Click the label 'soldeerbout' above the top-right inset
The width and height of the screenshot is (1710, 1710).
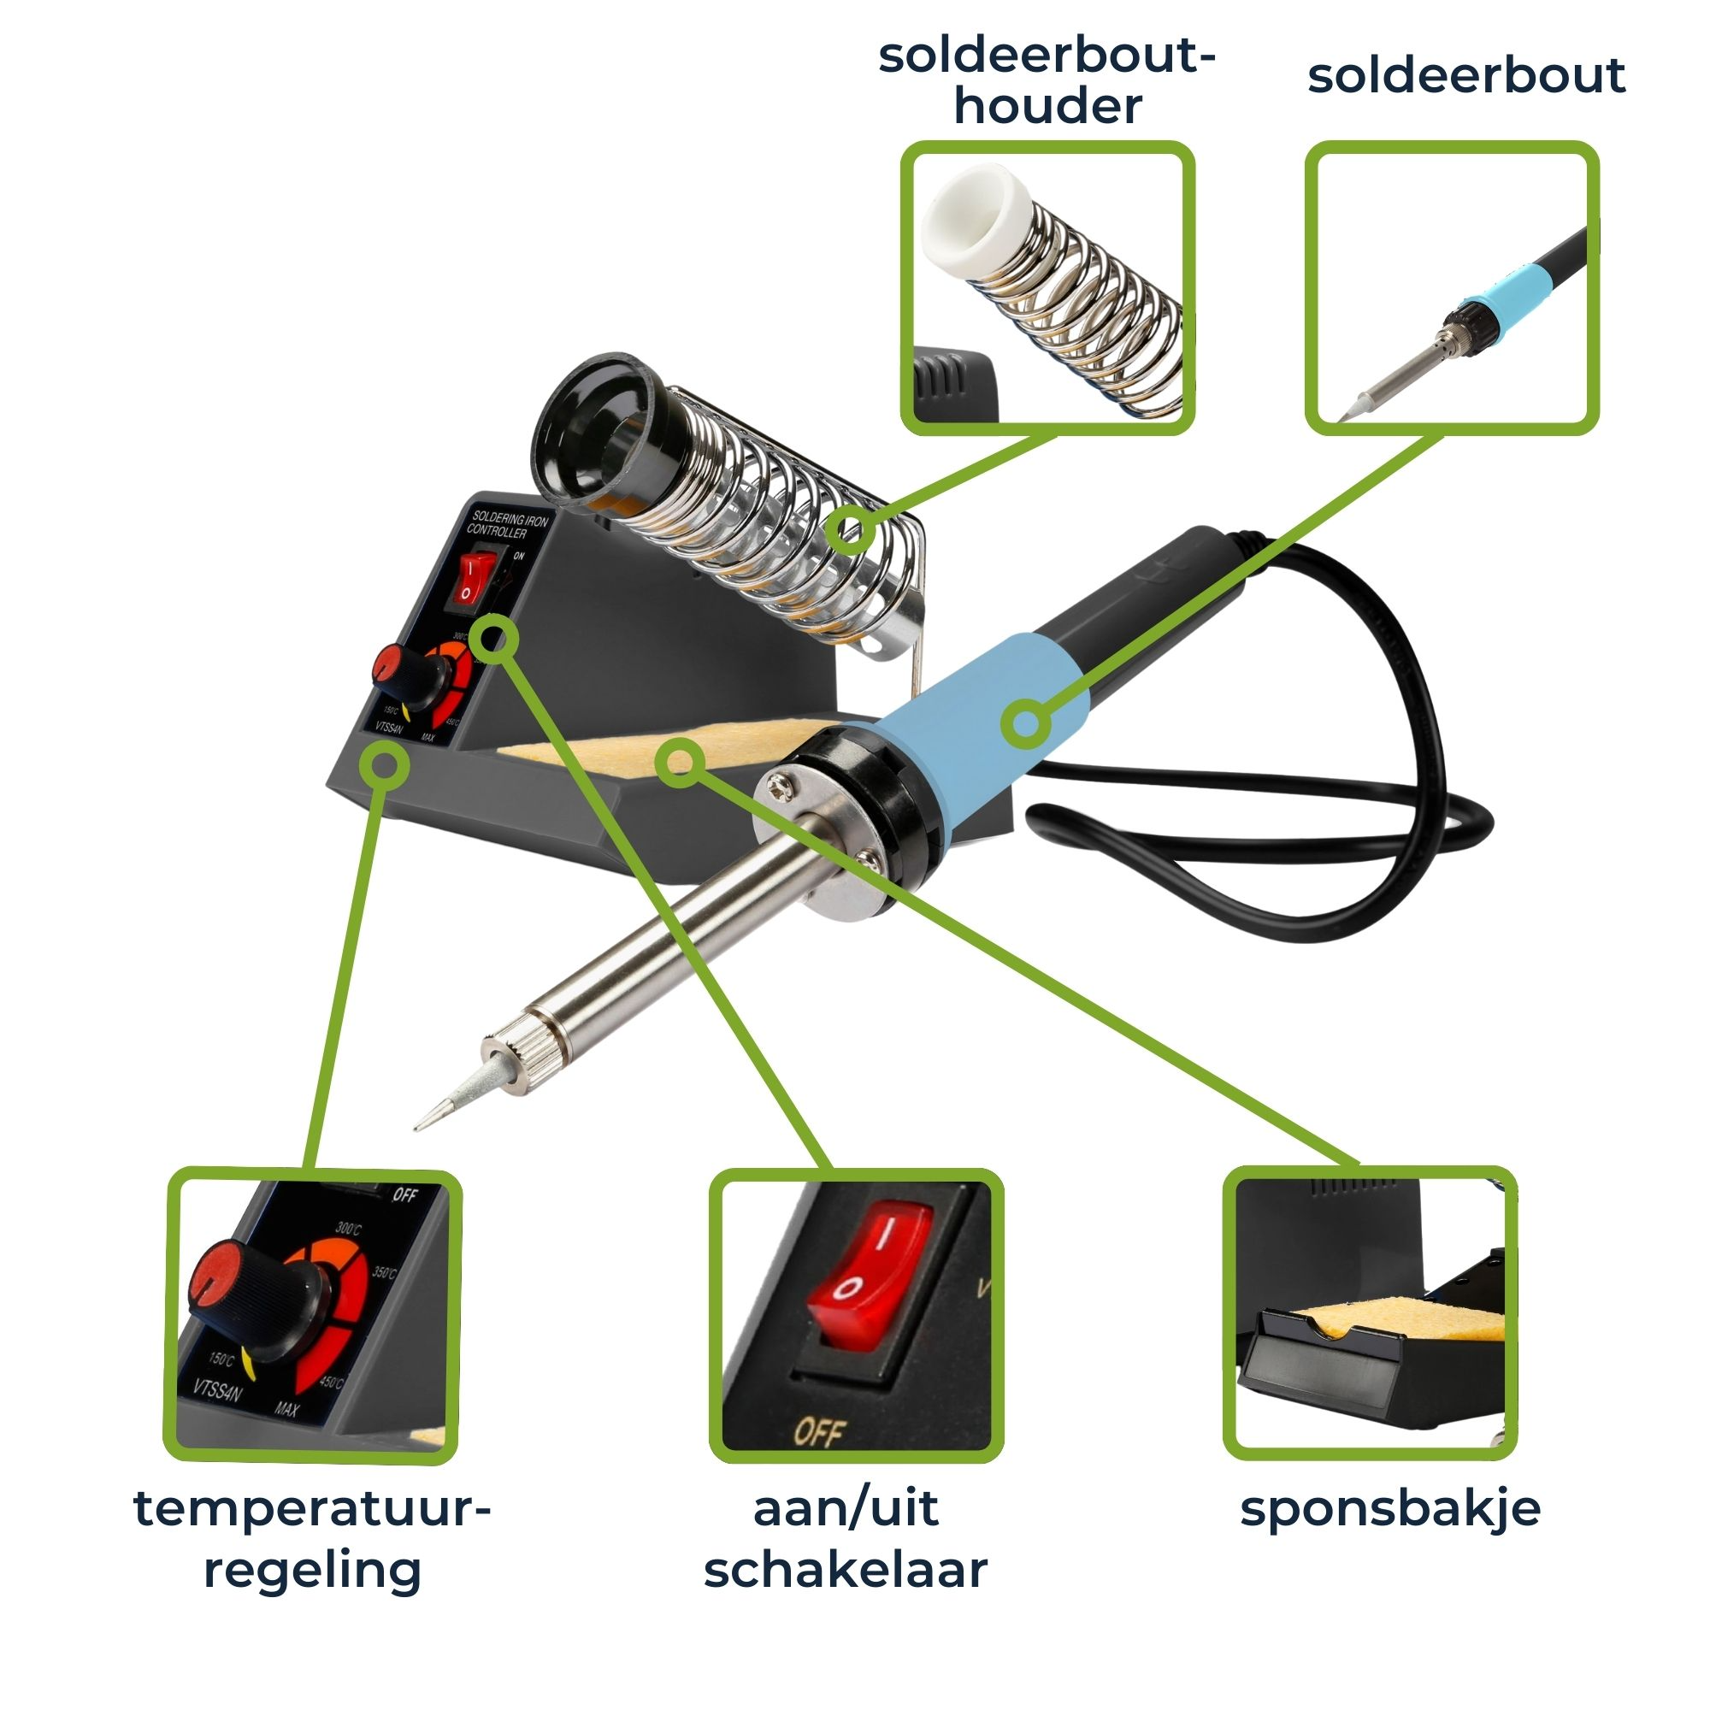pyautogui.click(x=1465, y=76)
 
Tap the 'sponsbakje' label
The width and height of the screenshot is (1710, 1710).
pyautogui.click(x=1389, y=1508)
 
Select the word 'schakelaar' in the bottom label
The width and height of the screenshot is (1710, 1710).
pyautogui.click(x=846, y=1570)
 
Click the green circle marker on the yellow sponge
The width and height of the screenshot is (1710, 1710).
pyautogui.click(x=680, y=760)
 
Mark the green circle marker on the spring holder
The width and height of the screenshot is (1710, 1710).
pyautogui.click(x=851, y=529)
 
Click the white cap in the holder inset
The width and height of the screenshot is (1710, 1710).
pyautogui.click(x=974, y=212)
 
